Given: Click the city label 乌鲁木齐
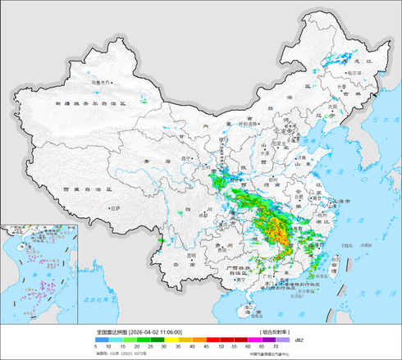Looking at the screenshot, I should (100, 82).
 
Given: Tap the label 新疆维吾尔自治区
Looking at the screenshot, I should (90, 104).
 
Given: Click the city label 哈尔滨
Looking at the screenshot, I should (353, 73).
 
